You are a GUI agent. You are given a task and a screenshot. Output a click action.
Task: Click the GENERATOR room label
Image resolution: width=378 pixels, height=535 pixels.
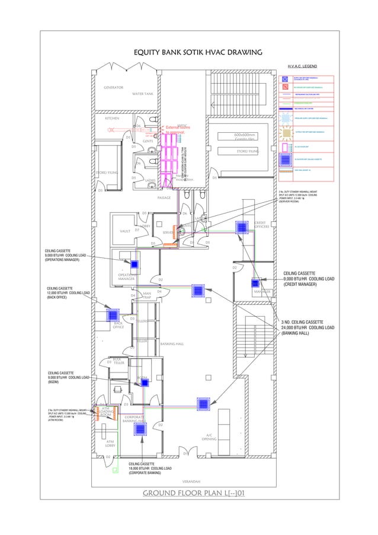click(x=114, y=88)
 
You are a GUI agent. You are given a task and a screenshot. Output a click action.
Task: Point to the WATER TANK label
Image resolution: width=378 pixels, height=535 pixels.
click(x=143, y=94)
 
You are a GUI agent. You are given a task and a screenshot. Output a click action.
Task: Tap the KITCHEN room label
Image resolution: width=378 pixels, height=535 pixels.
click(x=112, y=118)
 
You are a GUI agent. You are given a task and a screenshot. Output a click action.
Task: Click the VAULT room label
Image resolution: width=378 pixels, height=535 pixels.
click(x=124, y=231)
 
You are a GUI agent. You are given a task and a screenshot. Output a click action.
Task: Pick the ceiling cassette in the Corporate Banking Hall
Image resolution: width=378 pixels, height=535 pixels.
click(x=140, y=429)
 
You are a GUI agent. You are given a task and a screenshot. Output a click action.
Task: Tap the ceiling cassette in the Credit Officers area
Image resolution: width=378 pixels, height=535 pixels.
click(x=242, y=227)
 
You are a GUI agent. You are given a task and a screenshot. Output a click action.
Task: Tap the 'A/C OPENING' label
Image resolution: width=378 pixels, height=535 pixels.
click(x=209, y=437)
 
